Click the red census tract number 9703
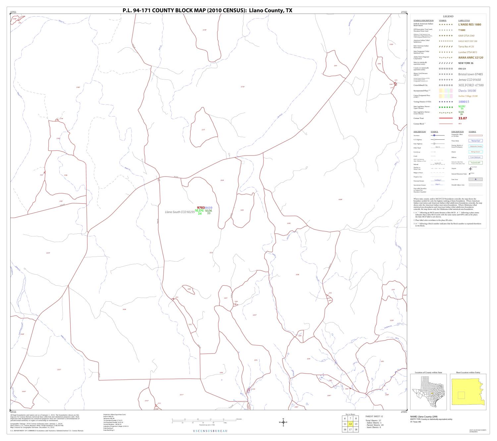click(201, 208)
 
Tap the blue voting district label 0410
click(209, 208)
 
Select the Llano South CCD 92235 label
click(180, 212)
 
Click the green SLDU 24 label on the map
click(199, 212)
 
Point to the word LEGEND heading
click(448, 16)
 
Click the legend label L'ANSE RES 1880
click(469, 24)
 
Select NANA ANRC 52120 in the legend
click(470, 58)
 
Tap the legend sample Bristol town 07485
click(470, 74)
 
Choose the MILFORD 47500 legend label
click(471, 85)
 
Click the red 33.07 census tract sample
click(463, 118)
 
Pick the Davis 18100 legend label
click(467, 91)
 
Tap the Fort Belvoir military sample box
click(475, 157)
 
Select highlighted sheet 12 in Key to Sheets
click(350, 424)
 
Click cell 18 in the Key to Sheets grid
click(356, 429)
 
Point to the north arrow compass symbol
click(283, 422)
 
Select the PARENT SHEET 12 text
click(374, 416)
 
